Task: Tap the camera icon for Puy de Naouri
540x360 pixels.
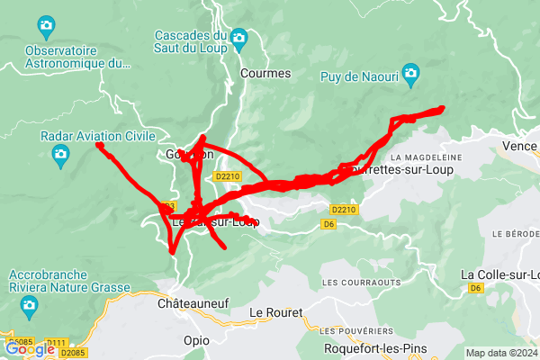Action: pos(411,72)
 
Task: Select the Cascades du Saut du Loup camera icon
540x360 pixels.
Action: pos(238,37)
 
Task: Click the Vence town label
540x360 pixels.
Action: pos(519,146)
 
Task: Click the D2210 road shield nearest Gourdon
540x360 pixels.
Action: pos(229,177)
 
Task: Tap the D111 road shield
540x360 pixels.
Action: pos(57,343)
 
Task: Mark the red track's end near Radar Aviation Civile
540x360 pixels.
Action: pos(99,145)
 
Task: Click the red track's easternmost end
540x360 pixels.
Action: pos(443,109)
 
